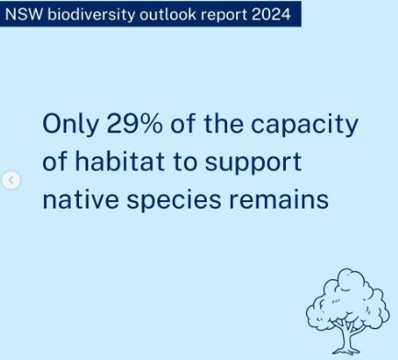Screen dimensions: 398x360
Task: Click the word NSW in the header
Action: coord(24,14)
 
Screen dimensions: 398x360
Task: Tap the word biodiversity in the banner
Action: coord(91,15)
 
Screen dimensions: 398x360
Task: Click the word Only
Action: coord(71,124)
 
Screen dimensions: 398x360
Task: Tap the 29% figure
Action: coord(134,123)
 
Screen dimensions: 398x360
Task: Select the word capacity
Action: coord(304,125)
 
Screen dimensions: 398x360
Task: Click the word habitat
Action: coord(119,161)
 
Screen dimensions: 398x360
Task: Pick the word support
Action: coord(253,163)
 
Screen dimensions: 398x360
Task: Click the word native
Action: coord(81,198)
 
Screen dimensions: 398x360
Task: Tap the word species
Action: coord(174,200)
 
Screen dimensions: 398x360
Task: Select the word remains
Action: coord(279,198)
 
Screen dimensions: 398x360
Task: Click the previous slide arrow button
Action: coord(11,180)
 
